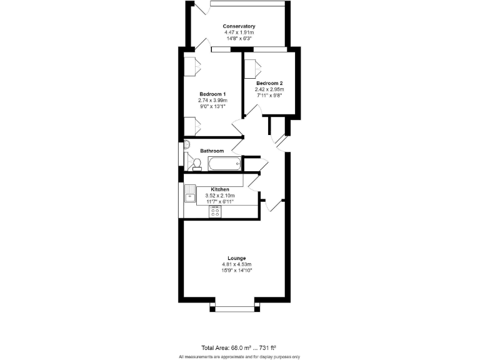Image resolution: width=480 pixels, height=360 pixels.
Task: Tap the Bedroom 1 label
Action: point(212,94)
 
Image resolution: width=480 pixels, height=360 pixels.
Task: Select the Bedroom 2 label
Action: point(269,83)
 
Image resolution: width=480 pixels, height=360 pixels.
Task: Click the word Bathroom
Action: point(212,151)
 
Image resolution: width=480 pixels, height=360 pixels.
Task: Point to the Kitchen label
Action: point(220,189)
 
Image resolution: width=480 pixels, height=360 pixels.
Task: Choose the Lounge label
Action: point(236,258)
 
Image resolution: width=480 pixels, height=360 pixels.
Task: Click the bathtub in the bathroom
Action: point(224,164)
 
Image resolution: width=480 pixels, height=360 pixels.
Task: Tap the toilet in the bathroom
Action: point(196,164)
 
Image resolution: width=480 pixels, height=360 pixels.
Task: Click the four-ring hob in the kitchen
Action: point(215,211)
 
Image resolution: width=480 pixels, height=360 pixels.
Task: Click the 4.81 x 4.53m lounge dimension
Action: point(236,264)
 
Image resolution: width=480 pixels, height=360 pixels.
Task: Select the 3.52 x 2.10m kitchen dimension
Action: point(220,196)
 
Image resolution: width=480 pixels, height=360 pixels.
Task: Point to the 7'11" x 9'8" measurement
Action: point(269,96)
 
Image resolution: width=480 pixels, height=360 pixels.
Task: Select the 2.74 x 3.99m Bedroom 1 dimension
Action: point(212,100)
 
